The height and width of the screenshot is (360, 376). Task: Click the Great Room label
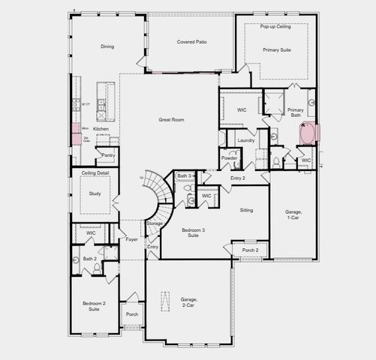point(172,119)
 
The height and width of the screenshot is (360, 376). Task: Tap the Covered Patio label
point(191,42)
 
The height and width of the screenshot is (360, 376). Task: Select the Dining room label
point(107,46)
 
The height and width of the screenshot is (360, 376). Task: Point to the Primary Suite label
point(277,49)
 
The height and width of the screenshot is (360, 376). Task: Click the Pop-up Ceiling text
point(275,26)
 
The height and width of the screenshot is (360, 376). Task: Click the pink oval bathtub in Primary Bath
point(308,135)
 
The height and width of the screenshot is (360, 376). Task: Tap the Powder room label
point(230,158)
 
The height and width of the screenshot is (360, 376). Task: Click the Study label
point(95,193)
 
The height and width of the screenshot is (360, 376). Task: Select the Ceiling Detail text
point(95,173)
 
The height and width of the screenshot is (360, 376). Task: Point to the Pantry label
point(108,155)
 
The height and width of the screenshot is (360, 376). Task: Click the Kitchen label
point(101,129)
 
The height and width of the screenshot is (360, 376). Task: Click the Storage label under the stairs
point(155,223)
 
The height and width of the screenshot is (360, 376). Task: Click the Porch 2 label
point(250,250)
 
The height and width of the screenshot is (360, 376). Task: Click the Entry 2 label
point(238,178)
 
